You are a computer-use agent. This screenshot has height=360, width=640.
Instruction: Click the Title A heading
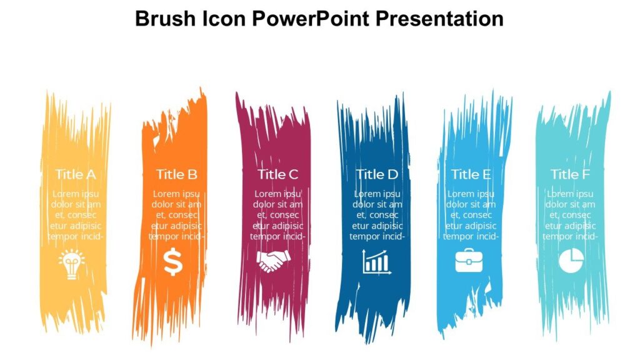coord(76,174)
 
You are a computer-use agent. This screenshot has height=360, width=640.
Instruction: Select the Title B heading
coord(177,174)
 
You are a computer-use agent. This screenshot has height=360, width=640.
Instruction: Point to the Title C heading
coord(278,174)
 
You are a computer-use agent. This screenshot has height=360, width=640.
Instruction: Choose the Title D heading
coord(377,174)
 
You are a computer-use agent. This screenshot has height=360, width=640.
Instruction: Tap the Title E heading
coord(471,174)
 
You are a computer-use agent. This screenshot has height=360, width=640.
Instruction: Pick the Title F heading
coord(570,174)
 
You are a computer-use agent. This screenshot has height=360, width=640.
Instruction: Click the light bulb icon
coord(71,263)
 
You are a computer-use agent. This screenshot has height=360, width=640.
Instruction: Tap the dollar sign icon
coord(173,262)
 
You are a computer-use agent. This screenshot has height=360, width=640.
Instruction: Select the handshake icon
coord(274,261)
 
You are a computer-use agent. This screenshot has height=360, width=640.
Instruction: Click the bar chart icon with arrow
coord(377,262)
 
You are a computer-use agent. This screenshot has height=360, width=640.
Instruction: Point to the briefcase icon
coord(469,260)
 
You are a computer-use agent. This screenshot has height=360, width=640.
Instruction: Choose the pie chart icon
coord(570,261)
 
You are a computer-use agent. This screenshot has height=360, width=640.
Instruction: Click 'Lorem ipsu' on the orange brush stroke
coord(177,194)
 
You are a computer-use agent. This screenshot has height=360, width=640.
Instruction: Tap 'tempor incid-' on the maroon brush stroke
coord(278,236)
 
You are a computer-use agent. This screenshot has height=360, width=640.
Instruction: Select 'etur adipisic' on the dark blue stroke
coord(377,226)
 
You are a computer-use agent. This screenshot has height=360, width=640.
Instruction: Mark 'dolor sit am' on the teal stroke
coord(570,204)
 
